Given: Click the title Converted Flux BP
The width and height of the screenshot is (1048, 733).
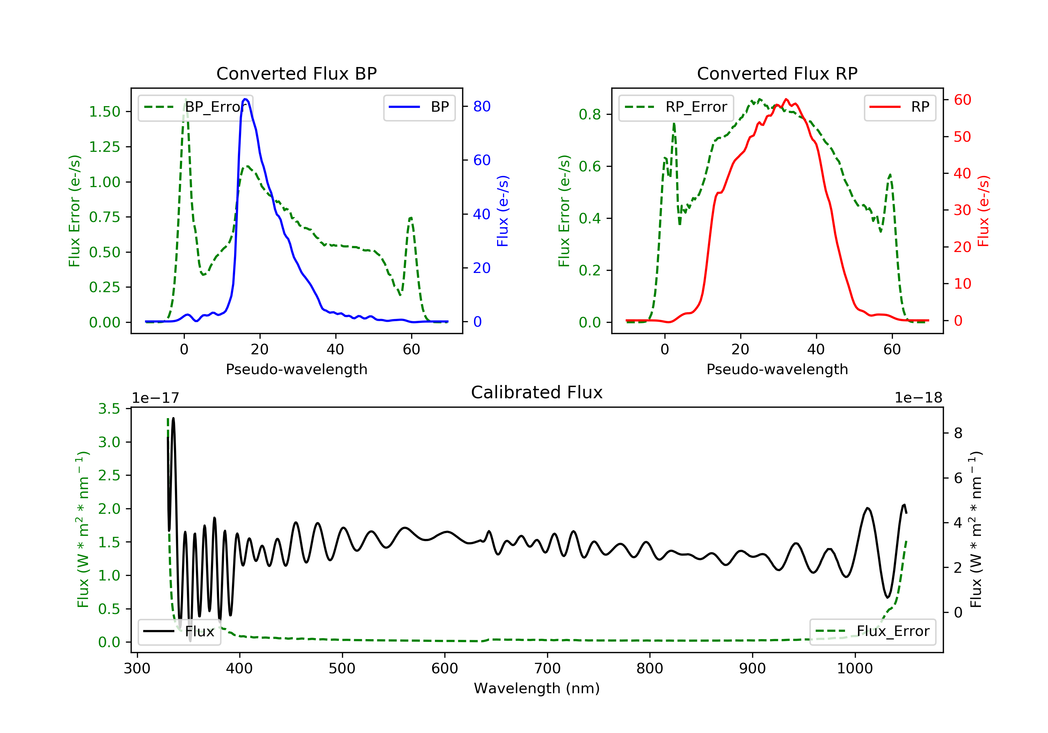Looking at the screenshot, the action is pos(296,73).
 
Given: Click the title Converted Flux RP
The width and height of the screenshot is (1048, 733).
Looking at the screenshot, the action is pos(777,73).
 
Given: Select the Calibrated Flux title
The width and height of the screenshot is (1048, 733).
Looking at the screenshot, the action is pos(537,392).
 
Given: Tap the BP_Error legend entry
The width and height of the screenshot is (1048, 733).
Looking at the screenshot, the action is pos(195,107).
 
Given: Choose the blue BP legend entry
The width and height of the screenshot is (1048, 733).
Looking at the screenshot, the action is pos(419,107).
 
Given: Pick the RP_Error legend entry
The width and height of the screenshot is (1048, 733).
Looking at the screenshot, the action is pos(676,107).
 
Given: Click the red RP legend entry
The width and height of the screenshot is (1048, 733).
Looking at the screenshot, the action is pos(899,107).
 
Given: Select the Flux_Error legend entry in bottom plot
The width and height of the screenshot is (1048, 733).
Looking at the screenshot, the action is pos(872,631).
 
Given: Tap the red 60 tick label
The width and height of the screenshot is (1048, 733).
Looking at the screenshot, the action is pos(962,100).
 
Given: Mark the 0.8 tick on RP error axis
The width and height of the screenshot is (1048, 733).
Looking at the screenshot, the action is pos(589,114).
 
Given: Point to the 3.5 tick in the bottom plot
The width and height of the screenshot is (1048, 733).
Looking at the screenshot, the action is pos(109,409).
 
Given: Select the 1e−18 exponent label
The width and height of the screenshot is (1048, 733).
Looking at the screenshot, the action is pos(918,398).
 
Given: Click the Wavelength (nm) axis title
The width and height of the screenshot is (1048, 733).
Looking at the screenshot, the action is pos(537,688).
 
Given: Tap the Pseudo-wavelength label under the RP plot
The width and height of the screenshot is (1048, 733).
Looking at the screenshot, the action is pos(777,369).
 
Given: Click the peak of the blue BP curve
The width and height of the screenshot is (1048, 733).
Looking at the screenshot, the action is pos(246,99).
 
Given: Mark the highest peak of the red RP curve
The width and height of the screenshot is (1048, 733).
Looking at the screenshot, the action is pos(786,99).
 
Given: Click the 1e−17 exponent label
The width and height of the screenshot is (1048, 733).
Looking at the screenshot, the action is pos(156,398).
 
